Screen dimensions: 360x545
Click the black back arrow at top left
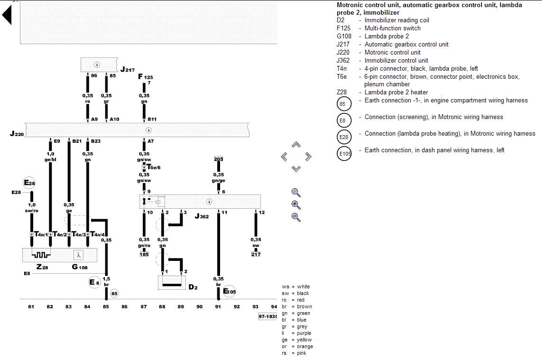(7, 16)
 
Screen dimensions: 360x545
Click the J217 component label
(127, 70)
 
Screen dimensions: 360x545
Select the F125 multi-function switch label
(145, 76)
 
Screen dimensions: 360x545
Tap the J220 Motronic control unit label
(17, 134)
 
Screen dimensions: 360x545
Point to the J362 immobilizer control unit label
(202, 216)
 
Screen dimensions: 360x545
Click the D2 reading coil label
(192, 287)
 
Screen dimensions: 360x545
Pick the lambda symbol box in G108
(79, 255)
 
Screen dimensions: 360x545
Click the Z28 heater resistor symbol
(41, 255)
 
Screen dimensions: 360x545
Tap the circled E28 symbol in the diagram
(29, 183)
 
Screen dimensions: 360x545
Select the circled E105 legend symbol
(344, 154)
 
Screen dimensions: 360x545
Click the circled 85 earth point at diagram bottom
(114, 294)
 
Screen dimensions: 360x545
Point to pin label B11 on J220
(152, 119)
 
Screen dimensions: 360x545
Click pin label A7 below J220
(150, 141)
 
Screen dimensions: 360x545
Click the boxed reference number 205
(218, 159)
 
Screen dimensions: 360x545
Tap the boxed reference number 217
(256, 254)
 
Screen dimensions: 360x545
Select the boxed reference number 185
(144, 254)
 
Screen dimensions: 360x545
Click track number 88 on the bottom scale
(162, 307)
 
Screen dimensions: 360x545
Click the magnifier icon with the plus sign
(296, 205)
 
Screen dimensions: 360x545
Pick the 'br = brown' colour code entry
(296, 306)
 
